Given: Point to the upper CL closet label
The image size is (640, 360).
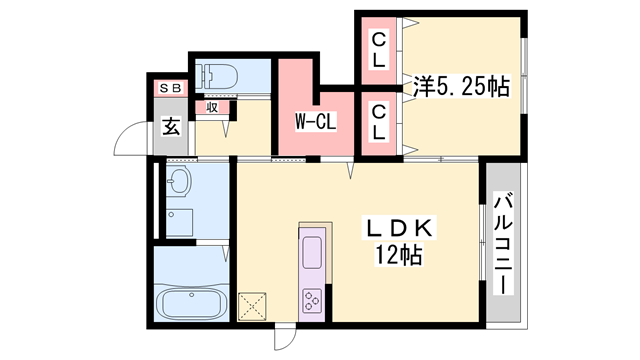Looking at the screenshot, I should pyautogui.click(x=380, y=50).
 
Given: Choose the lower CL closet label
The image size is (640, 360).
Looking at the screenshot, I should pyautogui.click(x=380, y=123).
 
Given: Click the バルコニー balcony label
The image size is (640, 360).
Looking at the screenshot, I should pyautogui.click(x=503, y=244).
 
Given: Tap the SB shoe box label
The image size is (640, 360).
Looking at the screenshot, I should pyautogui.click(x=169, y=88).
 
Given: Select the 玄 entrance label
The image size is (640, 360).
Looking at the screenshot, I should pyautogui.click(x=171, y=126).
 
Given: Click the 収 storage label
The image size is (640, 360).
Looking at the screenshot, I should pyautogui.click(x=212, y=107).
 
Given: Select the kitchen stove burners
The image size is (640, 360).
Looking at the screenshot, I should pyautogui.click(x=311, y=299).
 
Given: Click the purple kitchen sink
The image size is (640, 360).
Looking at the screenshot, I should pyautogui.click(x=311, y=252).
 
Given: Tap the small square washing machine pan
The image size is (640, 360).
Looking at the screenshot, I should pyautogui.click(x=180, y=221).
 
